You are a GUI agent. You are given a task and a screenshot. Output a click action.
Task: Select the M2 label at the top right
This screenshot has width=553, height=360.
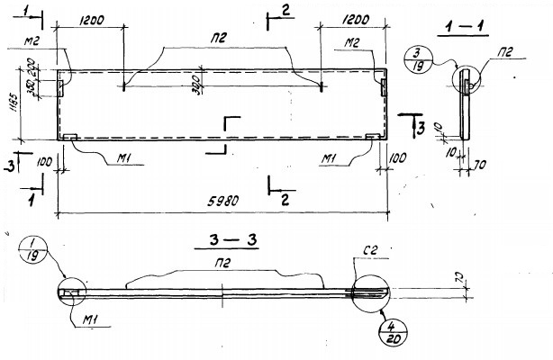pyautogui.click(x=352, y=42)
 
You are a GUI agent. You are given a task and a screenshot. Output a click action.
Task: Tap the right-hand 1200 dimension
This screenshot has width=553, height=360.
pyautogui.click(x=360, y=18)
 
